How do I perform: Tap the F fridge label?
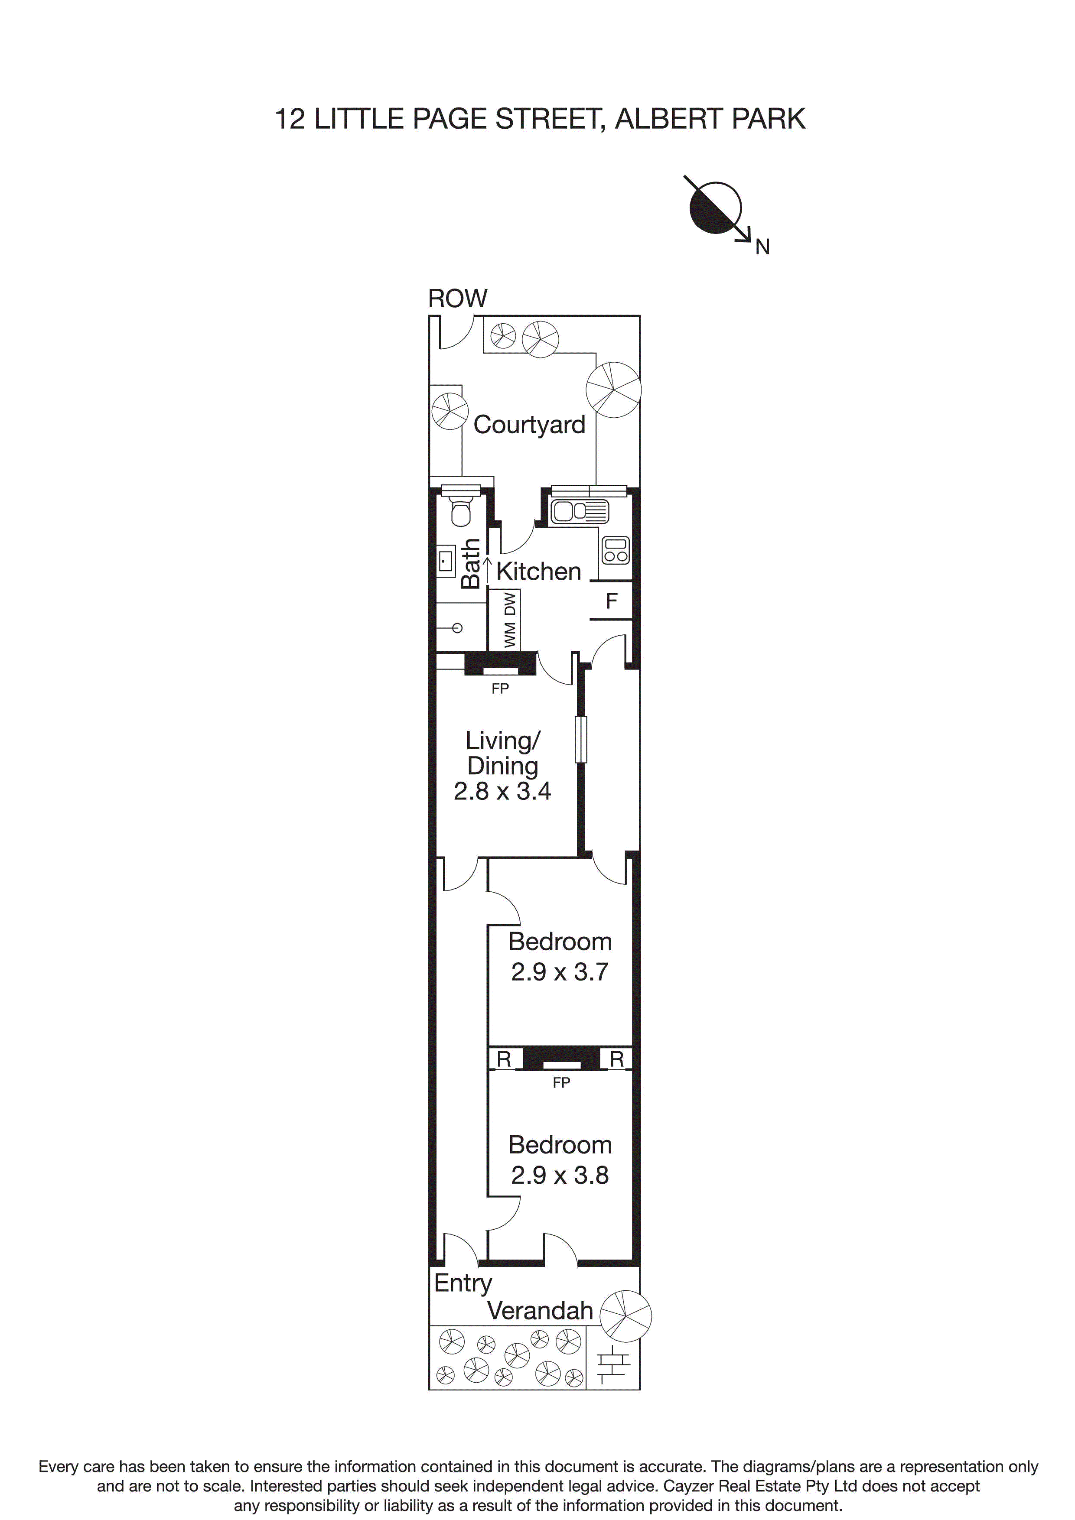point(611,601)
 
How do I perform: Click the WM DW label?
point(509,620)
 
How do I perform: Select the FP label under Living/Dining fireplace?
point(500,689)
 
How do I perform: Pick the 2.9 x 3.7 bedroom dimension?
point(559,972)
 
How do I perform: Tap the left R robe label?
point(504,1060)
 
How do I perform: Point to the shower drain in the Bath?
point(457,627)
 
